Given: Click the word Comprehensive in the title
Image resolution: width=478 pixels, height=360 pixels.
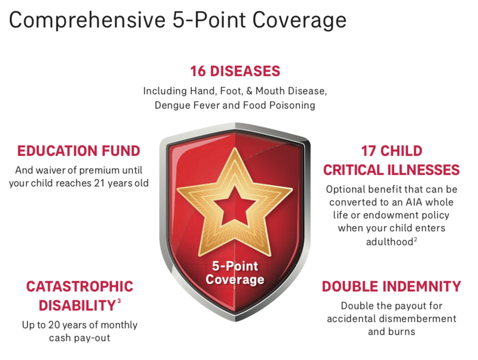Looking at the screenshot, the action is click(x=87, y=21).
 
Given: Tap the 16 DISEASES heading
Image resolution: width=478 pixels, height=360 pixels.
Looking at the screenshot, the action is click(x=235, y=71).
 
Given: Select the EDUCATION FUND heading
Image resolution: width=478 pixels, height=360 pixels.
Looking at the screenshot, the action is click(x=79, y=151).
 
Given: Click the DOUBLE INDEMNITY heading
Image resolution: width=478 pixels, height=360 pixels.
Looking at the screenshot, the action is click(x=392, y=286).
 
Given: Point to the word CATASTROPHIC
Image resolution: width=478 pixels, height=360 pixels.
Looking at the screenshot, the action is click(x=80, y=286).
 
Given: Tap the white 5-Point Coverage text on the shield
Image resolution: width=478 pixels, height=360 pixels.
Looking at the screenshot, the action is click(x=235, y=273).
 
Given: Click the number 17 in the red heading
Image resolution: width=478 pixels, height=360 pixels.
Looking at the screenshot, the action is click(x=369, y=151).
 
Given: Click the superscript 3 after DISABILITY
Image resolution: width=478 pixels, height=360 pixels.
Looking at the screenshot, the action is click(x=119, y=301).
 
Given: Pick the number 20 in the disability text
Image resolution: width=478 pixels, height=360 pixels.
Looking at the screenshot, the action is click(x=54, y=325).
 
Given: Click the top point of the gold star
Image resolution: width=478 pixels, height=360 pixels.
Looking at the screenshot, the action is click(x=235, y=148).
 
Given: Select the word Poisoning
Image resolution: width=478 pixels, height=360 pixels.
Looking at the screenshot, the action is click(x=292, y=106).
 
